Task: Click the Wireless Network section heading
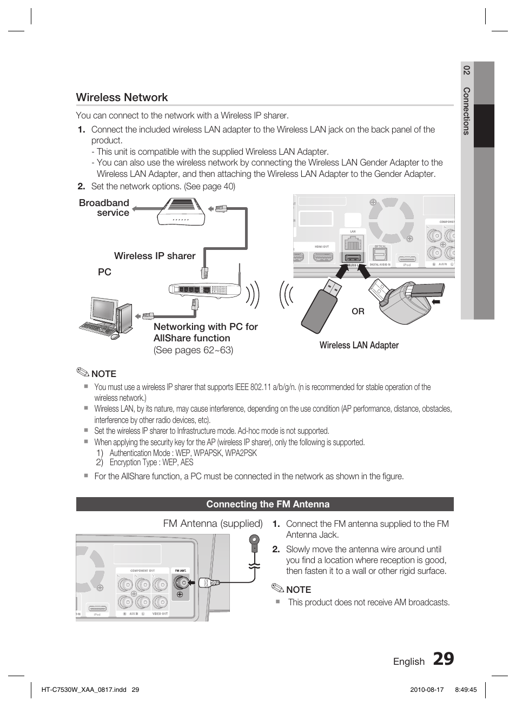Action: pyautogui.click(x=122, y=97)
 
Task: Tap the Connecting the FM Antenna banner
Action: pyautogui.click(x=268, y=504)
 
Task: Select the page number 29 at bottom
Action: pyautogui.click(x=443, y=659)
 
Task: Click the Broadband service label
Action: pyautogui.click(x=104, y=208)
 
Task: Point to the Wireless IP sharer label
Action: pyautogui.click(x=155, y=256)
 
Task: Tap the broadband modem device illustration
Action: pyautogui.click(x=181, y=213)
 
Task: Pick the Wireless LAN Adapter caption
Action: pyautogui.click(x=359, y=345)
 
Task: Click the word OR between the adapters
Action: pyautogui.click(x=358, y=312)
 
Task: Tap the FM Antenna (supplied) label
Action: pyautogui.click(x=213, y=523)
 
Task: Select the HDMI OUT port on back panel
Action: pyautogui.click(x=322, y=257)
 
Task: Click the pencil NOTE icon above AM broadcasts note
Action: pyautogui.click(x=278, y=589)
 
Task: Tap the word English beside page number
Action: pyautogui.click(x=409, y=662)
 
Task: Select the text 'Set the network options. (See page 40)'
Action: pyautogui.click(x=163, y=186)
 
